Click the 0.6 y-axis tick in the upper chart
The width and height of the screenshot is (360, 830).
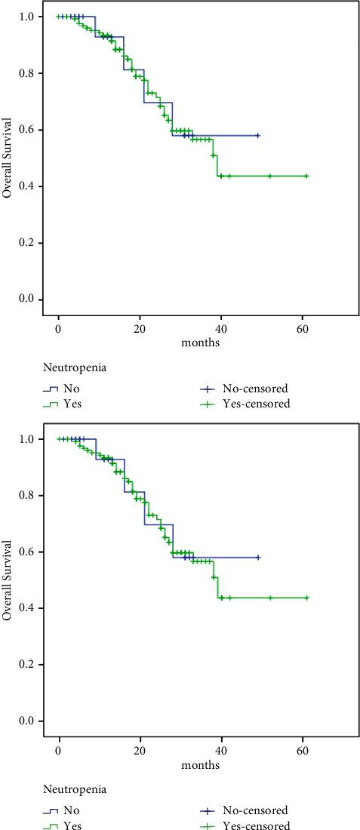coord(28,130)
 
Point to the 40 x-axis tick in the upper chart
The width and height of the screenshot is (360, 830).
coord(220,330)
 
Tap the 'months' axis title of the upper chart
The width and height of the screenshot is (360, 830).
coord(200,342)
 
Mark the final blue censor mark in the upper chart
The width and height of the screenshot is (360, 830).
coord(258,136)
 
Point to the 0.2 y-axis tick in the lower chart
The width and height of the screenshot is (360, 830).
coord(28,664)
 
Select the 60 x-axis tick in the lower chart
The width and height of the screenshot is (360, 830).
coord(302,752)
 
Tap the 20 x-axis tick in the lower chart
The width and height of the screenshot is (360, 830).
coord(140,752)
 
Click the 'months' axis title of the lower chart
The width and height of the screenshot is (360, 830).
coord(200,764)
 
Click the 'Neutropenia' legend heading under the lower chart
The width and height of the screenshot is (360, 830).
coord(75,790)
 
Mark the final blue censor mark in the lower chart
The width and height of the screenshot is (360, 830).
coord(258,558)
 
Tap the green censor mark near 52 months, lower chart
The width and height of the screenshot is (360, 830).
coord(270,598)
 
